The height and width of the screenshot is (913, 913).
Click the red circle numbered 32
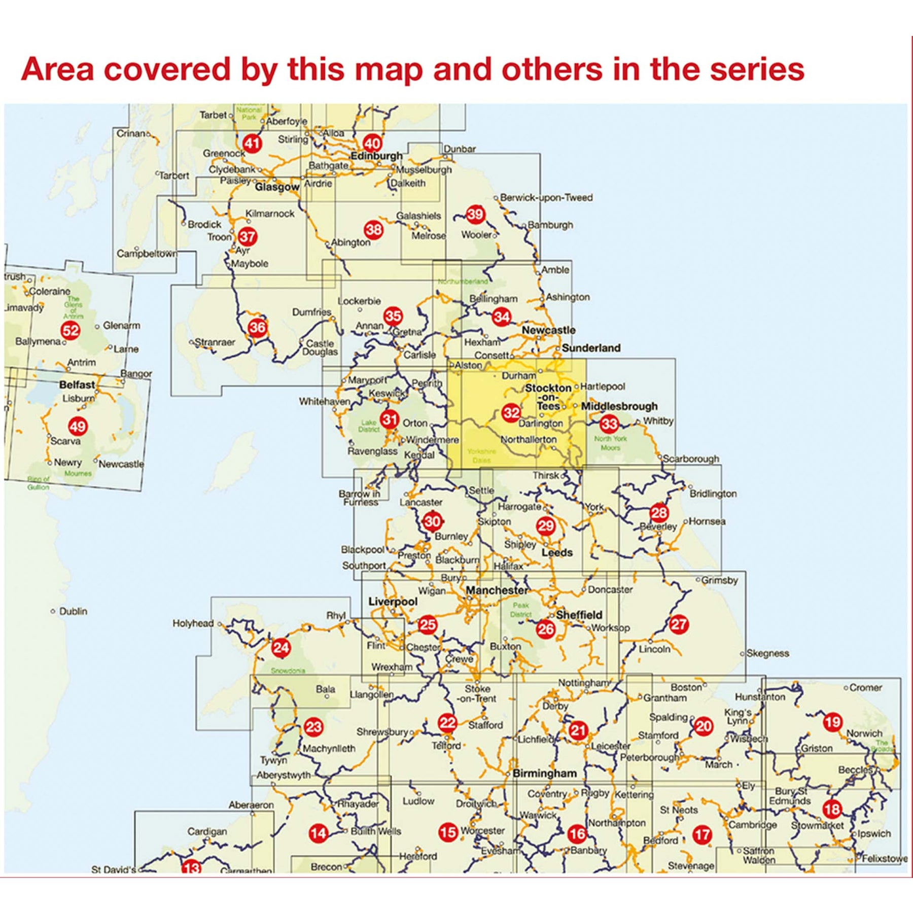[x=511, y=412]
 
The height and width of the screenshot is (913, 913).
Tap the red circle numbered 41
[x=252, y=144]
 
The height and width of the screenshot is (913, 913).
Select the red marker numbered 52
[x=71, y=331]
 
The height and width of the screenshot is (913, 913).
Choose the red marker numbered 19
[x=832, y=722]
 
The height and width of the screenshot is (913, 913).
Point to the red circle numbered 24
[x=281, y=647]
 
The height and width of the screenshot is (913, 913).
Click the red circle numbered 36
[x=257, y=327]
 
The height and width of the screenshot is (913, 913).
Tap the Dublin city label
[x=73, y=611]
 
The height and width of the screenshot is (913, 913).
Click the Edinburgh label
[x=376, y=156]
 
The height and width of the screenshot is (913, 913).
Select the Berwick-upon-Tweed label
[x=546, y=197]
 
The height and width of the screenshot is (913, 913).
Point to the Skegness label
[x=767, y=653]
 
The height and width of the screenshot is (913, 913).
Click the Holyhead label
[x=193, y=623]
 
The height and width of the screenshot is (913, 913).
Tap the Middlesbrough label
[x=619, y=406]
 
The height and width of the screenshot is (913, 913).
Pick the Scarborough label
[x=691, y=459]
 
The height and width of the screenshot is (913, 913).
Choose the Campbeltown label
[x=147, y=253]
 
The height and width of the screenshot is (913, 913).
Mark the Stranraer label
[x=215, y=342]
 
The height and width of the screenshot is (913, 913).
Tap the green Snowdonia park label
[x=287, y=671]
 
